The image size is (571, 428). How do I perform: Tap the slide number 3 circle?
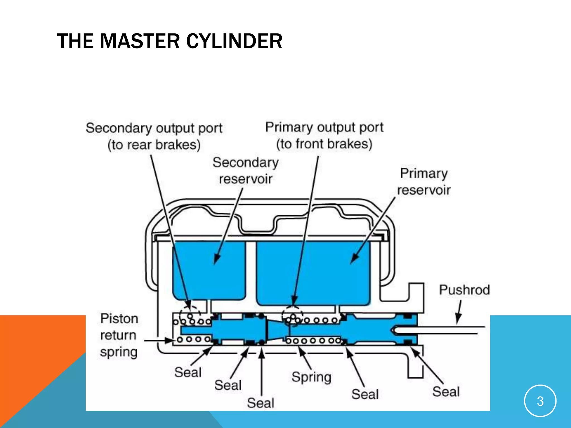tap(540, 401)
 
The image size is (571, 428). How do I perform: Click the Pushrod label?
tap(464, 290)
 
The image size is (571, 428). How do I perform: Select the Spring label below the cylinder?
tap(311, 377)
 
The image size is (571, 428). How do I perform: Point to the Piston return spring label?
tap(119, 335)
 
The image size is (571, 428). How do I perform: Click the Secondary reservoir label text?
tap(245, 171)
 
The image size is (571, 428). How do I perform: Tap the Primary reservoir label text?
tap(424, 182)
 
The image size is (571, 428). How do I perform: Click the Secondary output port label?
tap(154, 136)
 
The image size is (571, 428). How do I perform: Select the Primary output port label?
tap(324, 135)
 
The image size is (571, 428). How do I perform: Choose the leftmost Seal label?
tap(188, 372)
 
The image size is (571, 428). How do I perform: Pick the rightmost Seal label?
tap(446, 392)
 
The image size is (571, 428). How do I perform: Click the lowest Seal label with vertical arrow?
tap(260, 403)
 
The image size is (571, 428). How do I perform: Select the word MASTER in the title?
tap(140, 41)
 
